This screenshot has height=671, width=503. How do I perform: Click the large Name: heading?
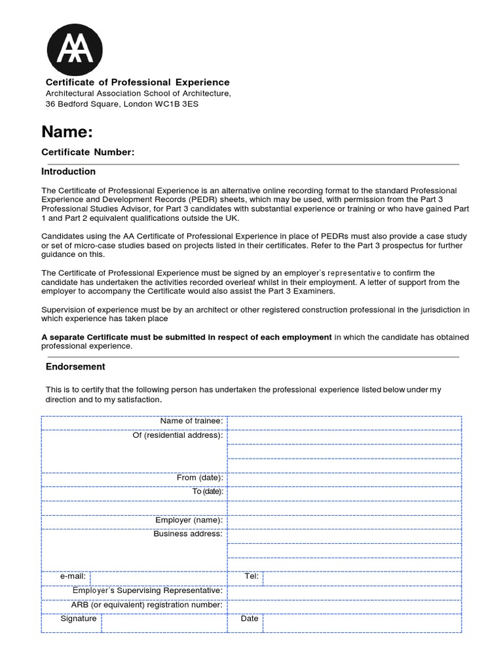click(x=67, y=132)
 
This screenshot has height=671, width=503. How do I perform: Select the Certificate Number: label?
click(x=88, y=153)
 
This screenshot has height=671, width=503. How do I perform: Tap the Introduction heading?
click(x=68, y=172)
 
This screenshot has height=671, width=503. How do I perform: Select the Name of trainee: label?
click(x=192, y=421)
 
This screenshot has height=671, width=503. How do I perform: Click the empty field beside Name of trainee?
click(x=344, y=421)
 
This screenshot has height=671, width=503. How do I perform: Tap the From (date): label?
click(x=200, y=478)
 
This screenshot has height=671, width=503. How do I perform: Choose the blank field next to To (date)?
click(x=344, y=492)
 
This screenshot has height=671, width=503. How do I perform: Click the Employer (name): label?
click(x=189, y=520)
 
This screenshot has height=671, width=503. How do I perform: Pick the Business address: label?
click(x=188, y=534)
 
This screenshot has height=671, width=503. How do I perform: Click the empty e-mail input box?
click(x=157, y=577)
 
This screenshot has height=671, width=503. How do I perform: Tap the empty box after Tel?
click(x=361, y=577)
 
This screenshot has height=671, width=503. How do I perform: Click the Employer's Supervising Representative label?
click(x=147, y=591)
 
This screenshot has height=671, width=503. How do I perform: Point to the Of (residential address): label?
click(x=177, y=435)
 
